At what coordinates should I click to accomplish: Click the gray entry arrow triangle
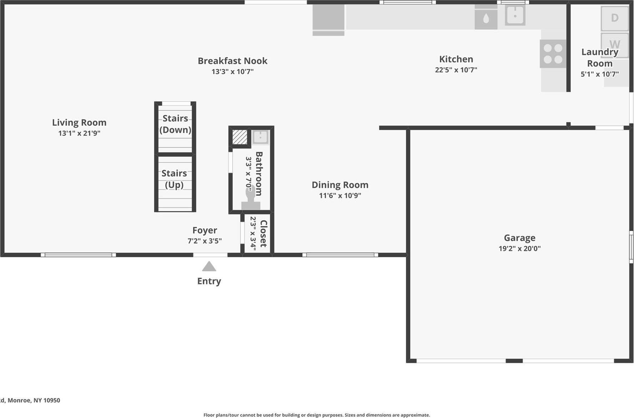[209, 267]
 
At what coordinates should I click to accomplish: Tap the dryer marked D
[614, 18]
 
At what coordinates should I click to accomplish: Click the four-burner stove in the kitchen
[553, 54]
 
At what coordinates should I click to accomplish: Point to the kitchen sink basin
[515, 15]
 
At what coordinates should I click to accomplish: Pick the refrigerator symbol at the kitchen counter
[328, 19]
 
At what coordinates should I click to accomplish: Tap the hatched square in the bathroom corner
[239, 137]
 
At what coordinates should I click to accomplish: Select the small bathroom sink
[260, 137]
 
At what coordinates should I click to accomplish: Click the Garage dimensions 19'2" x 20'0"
[519, 248]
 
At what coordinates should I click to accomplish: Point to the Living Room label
[79, 122]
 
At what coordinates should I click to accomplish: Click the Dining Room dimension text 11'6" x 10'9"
[340, 195]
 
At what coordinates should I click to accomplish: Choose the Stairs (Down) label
[175, 124]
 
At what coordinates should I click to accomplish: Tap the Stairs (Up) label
[174, 179]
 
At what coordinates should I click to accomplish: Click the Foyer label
[204, 230]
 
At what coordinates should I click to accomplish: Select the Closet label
[263, 233]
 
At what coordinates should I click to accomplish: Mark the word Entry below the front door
[209, 281]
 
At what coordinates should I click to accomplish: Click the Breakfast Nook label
[232, 61]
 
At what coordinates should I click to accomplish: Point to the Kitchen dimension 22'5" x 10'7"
[456, 70]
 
